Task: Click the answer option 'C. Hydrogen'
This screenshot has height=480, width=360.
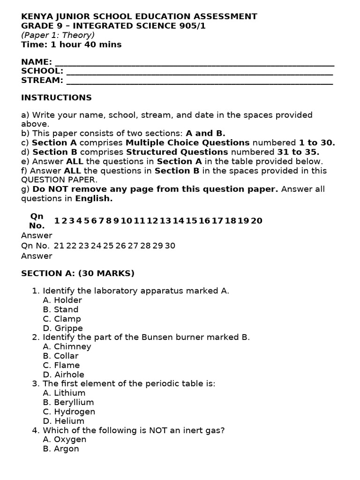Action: [69, 412]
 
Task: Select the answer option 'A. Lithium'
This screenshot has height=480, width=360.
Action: [64, 393]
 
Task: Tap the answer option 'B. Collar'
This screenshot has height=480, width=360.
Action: [60, 356]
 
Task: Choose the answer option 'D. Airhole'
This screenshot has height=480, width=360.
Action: [63, 375]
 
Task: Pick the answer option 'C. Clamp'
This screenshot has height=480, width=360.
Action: [62, 319]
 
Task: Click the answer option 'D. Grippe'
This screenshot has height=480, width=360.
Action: [63, 328]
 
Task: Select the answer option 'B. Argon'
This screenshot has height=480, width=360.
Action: [61, 449]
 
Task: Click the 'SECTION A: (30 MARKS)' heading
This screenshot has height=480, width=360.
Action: [78, 273]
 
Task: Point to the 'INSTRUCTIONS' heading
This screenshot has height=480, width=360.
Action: [56, 97]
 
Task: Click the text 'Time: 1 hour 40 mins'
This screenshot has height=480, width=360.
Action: [71, 45]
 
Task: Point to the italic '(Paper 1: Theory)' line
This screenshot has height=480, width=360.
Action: [58, 35]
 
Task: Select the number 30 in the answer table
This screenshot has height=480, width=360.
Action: [170, 246]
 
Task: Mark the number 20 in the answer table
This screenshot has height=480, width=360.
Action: [256, 221]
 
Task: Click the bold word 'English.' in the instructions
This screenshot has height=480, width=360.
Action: [94, 198]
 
